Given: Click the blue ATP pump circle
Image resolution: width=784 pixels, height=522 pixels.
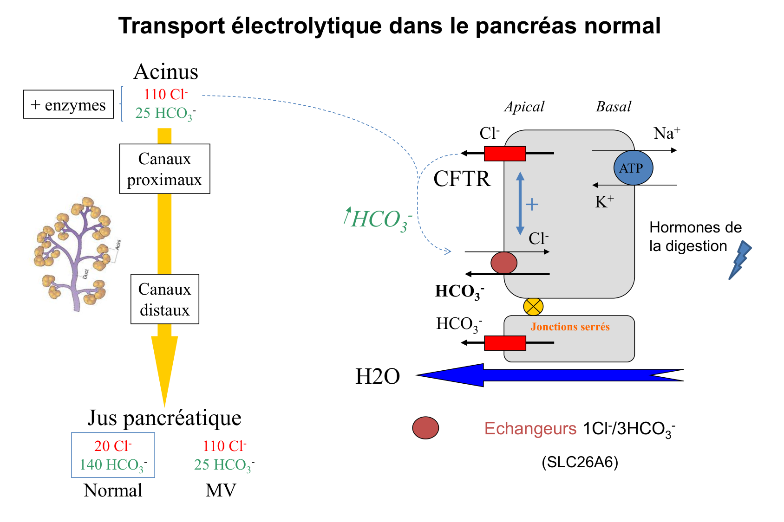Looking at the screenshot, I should pyautogui.click(x=633, y=168).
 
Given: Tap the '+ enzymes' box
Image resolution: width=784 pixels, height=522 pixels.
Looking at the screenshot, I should pyautogui.click(x=68, y=104).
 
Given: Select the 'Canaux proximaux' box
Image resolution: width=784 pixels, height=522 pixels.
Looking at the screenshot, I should pyautogui.click(x=164, y=169).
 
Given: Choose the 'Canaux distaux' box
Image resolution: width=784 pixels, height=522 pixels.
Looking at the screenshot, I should pyautogui.click(x=164, y=299).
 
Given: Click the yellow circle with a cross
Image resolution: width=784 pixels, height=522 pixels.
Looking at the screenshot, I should pyautogui.click(x=533, y=307).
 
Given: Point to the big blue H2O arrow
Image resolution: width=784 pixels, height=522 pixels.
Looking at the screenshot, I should pyautogui.click(x=548, y=375).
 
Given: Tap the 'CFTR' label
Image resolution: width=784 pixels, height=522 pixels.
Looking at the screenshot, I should pyautogui.click(x=462, y=179).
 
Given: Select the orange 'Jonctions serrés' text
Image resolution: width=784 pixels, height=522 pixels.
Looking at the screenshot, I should pyautogui.click(x=570, y=327).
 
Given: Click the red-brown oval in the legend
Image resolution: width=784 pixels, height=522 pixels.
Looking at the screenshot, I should pyautogui.click(x=425, y=428).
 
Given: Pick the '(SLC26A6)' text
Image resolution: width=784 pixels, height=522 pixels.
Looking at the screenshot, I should pyautogui.click(x=580, y=462).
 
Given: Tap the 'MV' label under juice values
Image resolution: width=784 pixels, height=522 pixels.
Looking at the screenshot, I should pyautogui.click(x=221, y=490).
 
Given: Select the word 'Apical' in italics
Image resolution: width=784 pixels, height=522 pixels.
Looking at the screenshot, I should pyautogui.click(x=524, y=107).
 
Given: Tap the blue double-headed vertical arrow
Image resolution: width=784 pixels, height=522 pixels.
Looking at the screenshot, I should pyautogui.click(x=520, y=203).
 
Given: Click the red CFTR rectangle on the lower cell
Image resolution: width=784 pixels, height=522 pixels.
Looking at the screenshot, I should pyautogui.click(x=505, y=343).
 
